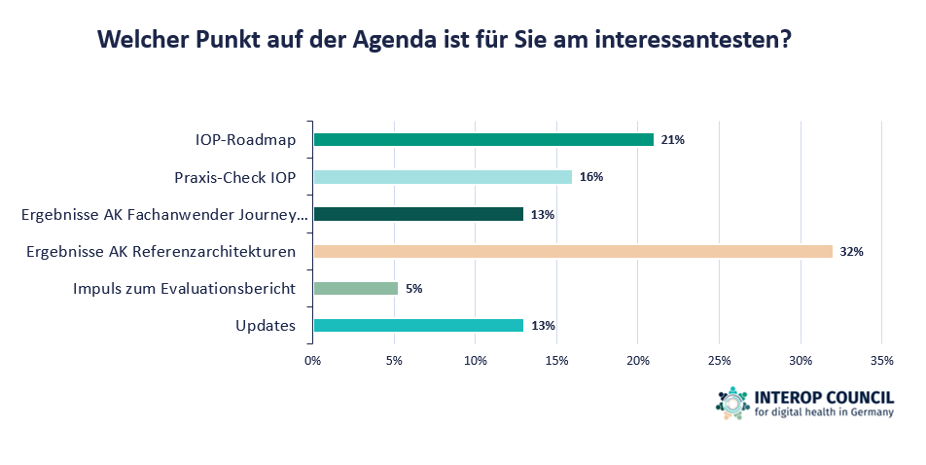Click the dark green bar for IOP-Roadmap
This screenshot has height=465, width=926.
click(482, 140)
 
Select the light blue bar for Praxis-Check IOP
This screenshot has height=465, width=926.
click(442, 177)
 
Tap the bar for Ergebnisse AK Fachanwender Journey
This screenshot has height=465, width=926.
click(417, 214)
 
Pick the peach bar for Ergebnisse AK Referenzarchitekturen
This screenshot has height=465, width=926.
click(572, 251)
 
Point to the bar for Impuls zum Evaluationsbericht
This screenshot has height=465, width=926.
click(355, 288)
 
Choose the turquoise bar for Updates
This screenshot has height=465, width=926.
click(417, 325)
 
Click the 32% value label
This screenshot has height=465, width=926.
click(852, 252)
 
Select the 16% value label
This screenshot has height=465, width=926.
click(591, 177)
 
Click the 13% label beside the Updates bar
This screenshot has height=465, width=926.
click(543, 326)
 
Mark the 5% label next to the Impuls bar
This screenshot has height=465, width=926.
click(414, 289)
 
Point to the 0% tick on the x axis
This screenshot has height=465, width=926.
click(312, 361)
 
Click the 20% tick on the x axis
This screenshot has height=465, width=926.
click(637, 361)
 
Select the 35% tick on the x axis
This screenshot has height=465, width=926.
click(880, 361)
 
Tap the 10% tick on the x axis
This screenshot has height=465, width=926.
click(475, 361)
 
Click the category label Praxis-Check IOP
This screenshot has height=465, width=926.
click(234, 177)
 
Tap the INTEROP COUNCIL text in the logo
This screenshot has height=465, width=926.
click(823, 397)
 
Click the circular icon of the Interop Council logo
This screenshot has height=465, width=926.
click(732, 403)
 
